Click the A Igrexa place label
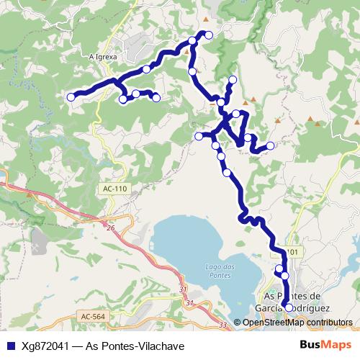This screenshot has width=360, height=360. (103, 55)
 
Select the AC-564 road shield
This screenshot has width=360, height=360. (93, 316)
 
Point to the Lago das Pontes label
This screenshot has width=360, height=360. (217, 271)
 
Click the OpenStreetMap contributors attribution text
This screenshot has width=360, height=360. (297, 323)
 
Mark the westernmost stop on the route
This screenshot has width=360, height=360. (71, 96)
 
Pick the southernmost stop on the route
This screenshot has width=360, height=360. (289, 307)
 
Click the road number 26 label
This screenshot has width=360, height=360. (110, 228)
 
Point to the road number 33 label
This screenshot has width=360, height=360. (222, 325)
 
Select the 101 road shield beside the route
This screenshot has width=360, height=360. (291, 252)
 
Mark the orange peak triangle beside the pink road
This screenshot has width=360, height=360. (29, 194)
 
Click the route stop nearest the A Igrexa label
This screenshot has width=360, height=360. (147, 69)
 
